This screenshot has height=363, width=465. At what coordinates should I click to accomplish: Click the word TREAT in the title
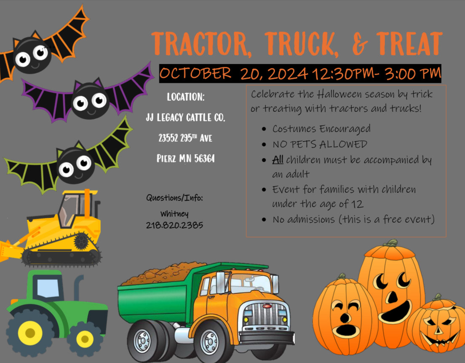click(409, 43)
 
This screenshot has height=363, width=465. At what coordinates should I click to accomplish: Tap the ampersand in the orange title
click(358, 44)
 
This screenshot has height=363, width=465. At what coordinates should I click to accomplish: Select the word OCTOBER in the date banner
click(195, 74)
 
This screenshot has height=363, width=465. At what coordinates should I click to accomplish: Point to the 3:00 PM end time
click(412, 74)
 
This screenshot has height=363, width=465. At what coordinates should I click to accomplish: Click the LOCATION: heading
click(186, 97)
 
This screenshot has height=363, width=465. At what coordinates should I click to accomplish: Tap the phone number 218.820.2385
click(174, 225)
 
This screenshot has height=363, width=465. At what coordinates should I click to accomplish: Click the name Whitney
click(174, 213)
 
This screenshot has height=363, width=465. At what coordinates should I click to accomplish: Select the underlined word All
click(278, 160)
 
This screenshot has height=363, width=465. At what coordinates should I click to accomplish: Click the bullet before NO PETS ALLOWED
click(264, 145)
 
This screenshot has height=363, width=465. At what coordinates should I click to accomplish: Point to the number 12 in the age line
click(357, 204)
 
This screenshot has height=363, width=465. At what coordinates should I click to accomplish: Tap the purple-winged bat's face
click(89, 101)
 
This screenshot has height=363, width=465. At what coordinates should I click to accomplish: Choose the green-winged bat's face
click(75, 165)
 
